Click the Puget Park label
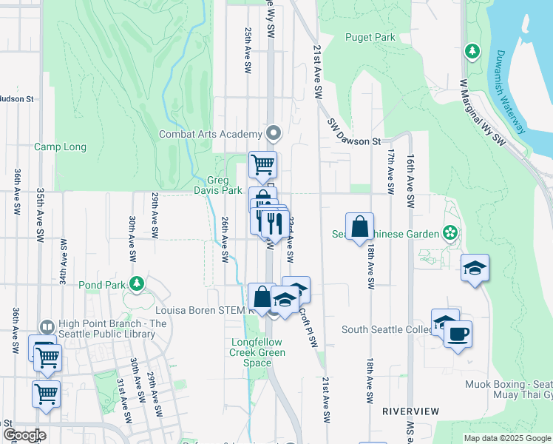370,37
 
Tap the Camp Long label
60,147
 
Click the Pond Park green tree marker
136,283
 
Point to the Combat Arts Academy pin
274,134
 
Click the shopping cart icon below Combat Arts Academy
262,165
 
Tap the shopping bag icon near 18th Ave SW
359,226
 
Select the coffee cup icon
458,334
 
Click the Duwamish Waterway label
510,89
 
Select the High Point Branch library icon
47,326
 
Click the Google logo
24,435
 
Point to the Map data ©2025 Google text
507,438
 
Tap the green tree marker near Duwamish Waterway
471,51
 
